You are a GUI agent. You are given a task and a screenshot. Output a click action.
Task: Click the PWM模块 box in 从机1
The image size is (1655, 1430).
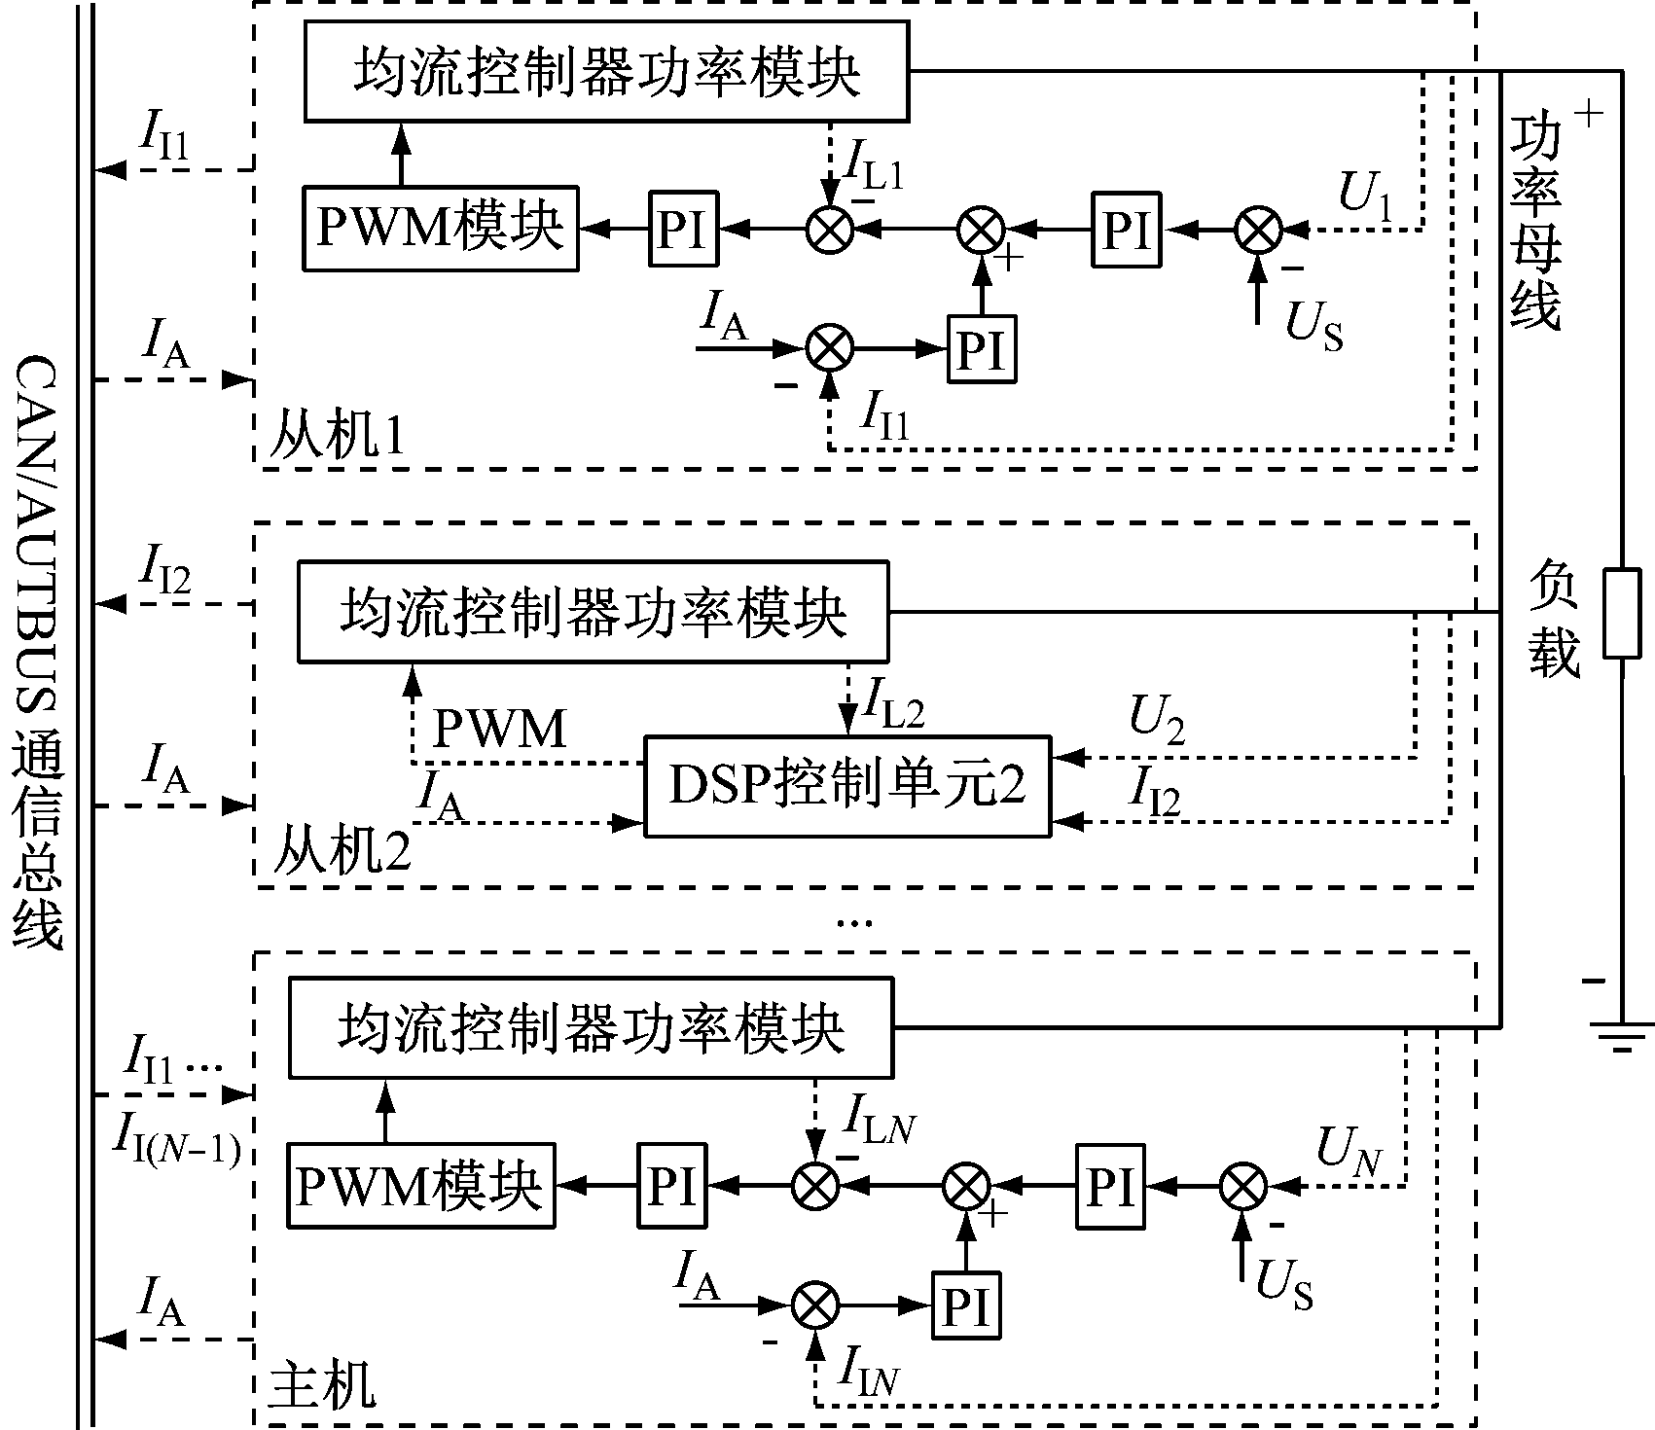click(x=440, y=229)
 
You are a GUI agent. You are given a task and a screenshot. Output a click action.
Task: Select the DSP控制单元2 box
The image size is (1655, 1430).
click(x=847, y=786)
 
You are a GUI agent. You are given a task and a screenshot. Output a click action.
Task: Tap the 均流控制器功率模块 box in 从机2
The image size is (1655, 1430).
click(x=593, y=612)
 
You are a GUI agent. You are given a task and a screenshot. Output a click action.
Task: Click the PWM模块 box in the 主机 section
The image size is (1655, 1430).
click(x=420, y=1185)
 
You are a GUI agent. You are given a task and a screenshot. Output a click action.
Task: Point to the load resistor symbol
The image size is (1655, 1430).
click(x=1621, y=614)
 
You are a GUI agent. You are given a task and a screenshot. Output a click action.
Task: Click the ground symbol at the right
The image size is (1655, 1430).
click(x=1621, y=1036)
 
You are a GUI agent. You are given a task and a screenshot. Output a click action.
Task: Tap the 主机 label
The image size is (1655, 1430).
click(x=320, y=1385)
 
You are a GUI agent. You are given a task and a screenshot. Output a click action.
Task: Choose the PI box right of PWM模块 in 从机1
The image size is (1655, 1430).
click(x=683, y=230)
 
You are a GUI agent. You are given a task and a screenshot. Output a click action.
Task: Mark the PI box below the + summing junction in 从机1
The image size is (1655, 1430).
click(x=982, y=348)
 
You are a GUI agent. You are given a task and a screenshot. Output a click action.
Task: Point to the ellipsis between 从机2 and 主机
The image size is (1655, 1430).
click(x=854, y=920)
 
